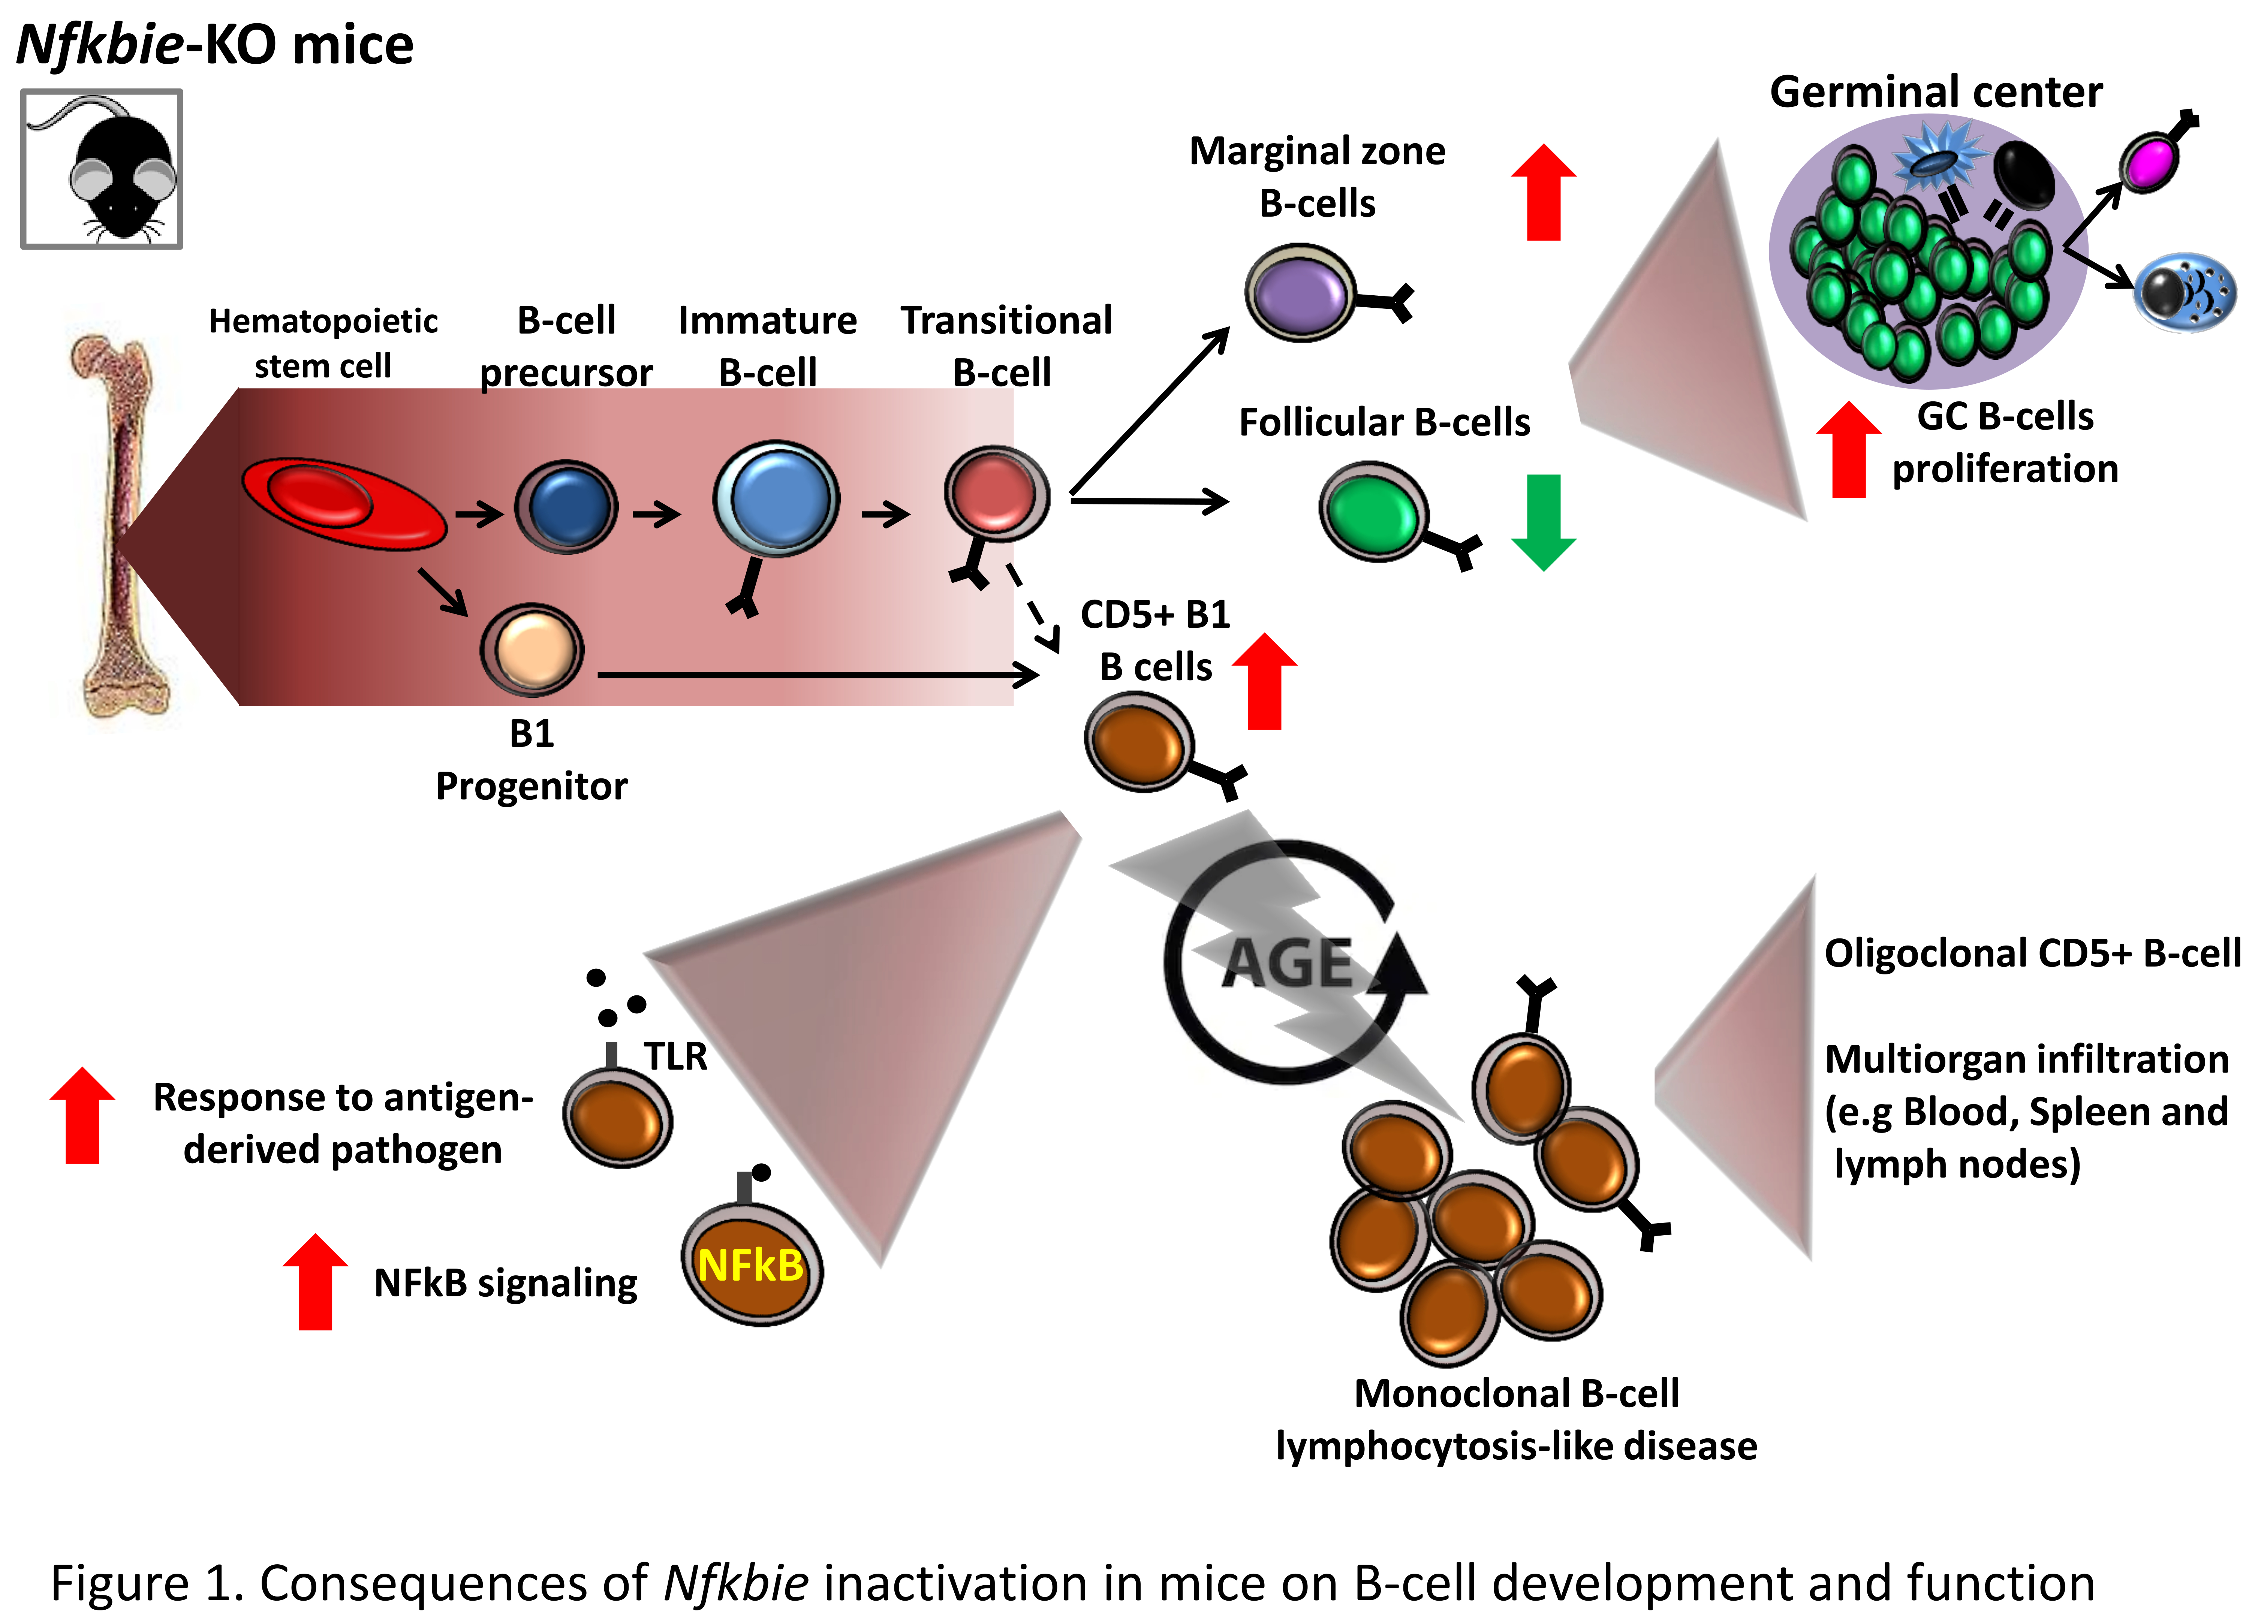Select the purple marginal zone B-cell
point(1299,292)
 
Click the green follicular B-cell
point(1373,510)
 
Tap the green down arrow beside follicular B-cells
point(1543,521)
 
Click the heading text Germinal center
point(1936,92)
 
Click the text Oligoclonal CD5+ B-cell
point(2031,953)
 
